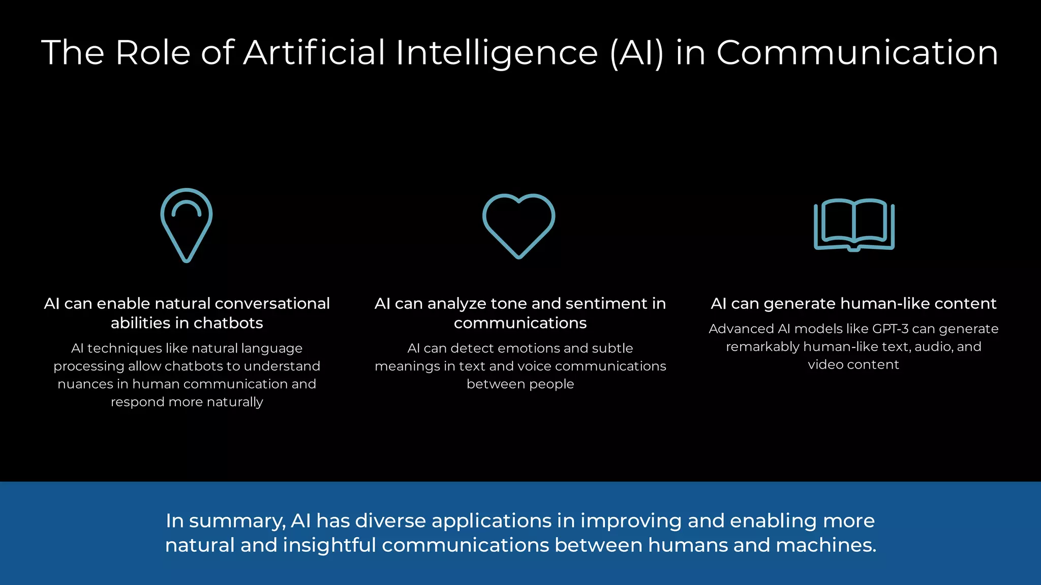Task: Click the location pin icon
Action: coord(187,225)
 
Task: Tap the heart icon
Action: coord(518,225)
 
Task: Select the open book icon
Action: coord(854,225)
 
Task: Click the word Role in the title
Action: coord(153,53)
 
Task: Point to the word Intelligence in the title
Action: coord(497,53)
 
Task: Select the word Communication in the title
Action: coord(857,53)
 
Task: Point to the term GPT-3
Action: coord(890,329)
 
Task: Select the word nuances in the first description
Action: coord(85,384)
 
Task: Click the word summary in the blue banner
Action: coord(237,522)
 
